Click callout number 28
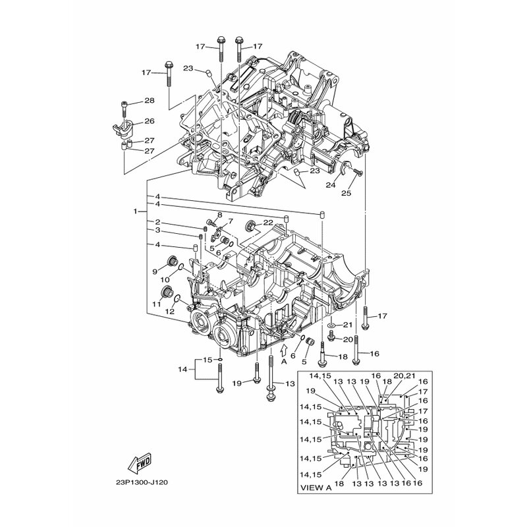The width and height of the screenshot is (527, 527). pyautogui.click(x=149, y=101)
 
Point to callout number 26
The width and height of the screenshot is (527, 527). pyautogui.click(x=149, y=121)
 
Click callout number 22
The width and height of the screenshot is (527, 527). pyautogui.click(x=267, y=222)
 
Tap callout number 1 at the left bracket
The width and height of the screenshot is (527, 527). pyautogui.click(x=136, y=212)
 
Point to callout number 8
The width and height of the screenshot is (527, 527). pyautogui.click(x=220, y=216)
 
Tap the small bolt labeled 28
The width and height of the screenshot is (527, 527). pyautogui.click(x=125, y=104)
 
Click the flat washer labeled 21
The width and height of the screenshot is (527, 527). pyautogui.click(x=332, y=326)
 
